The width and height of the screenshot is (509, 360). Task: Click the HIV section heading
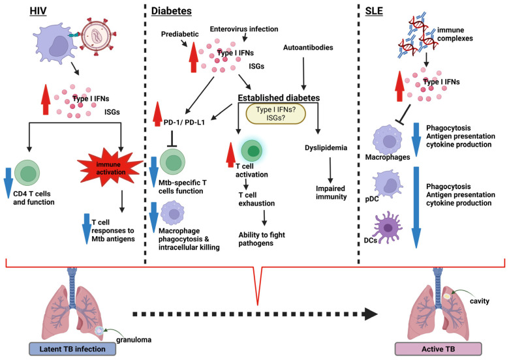[x=38, y=11]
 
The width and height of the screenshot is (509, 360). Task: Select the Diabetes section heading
[x=172, y=11]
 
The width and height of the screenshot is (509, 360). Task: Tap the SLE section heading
[x=374, y=11]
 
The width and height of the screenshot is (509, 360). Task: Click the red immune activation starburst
[x=110, y=168]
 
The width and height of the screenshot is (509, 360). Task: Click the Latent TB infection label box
[x=72, y=349]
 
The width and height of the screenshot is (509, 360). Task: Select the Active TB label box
[x=439, y=349]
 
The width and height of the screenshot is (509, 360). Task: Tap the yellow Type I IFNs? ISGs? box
[x=276, y=113]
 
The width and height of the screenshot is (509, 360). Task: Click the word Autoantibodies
[x=308, y=48]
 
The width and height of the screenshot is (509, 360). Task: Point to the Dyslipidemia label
[x=326, y=147]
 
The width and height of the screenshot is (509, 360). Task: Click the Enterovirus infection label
[x=244, y=29]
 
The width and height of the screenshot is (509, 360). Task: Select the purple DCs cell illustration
[x=388, y=228]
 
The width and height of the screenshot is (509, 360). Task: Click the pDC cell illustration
[x=388, y=183]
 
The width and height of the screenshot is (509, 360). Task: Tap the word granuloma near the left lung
[x=134, y=340]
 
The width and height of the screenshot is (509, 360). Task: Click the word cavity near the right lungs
[x=480, y=301]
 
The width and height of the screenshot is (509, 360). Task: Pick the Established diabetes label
[x=279, y=98]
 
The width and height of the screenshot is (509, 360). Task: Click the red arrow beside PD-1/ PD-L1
[x=158, y=114]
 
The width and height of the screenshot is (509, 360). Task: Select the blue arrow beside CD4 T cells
[x=8, y=183]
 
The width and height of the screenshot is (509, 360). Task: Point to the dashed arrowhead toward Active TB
[x=371, y=314]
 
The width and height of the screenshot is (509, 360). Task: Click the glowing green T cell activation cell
[x=252, y=151]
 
